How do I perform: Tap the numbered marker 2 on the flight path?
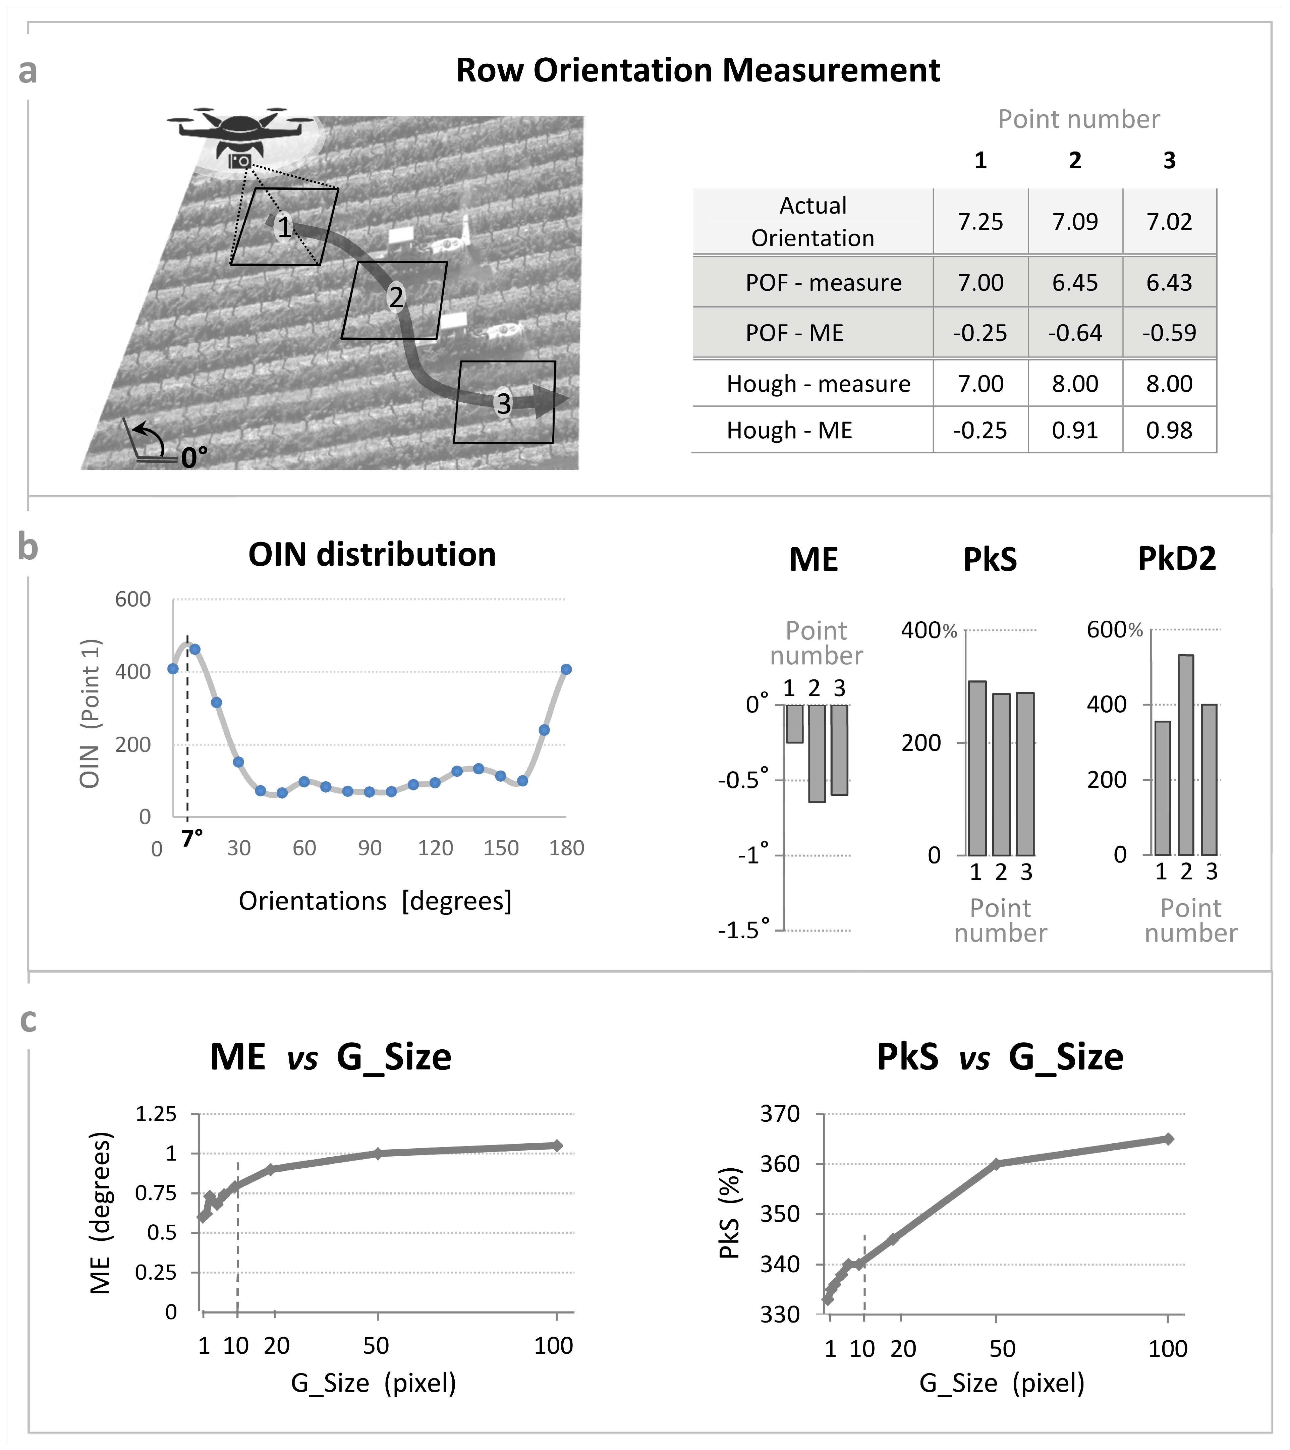tap(396, 296)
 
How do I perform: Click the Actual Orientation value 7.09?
tap(1074, 222)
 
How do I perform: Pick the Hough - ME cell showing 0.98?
tap(1169, 431)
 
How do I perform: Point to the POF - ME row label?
tap(794, 333)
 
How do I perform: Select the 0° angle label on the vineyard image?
tap(193, 457)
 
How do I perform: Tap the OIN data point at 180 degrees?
tap(566, 669)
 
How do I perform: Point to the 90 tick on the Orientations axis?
tap(370, 848)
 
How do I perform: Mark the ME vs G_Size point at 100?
tap(557, 1146)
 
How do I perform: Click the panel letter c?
tap(29, 1019)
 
